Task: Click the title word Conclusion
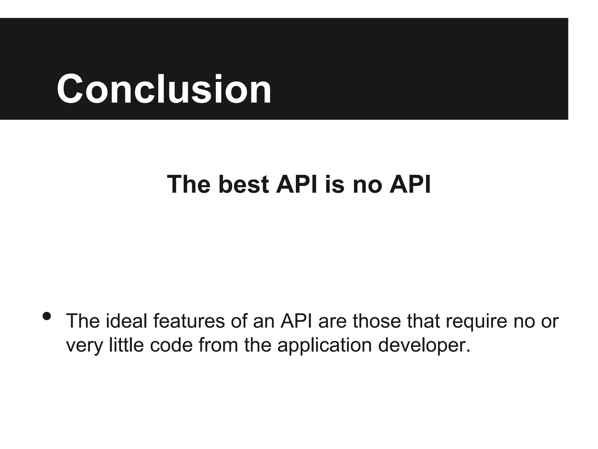click(164, 89)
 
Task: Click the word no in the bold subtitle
click(367, 185)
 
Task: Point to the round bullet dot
click(47, 316)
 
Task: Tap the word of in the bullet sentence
click(239, 321)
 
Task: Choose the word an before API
click(264, 321)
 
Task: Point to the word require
click(476, 321)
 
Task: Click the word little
click(126, 345)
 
